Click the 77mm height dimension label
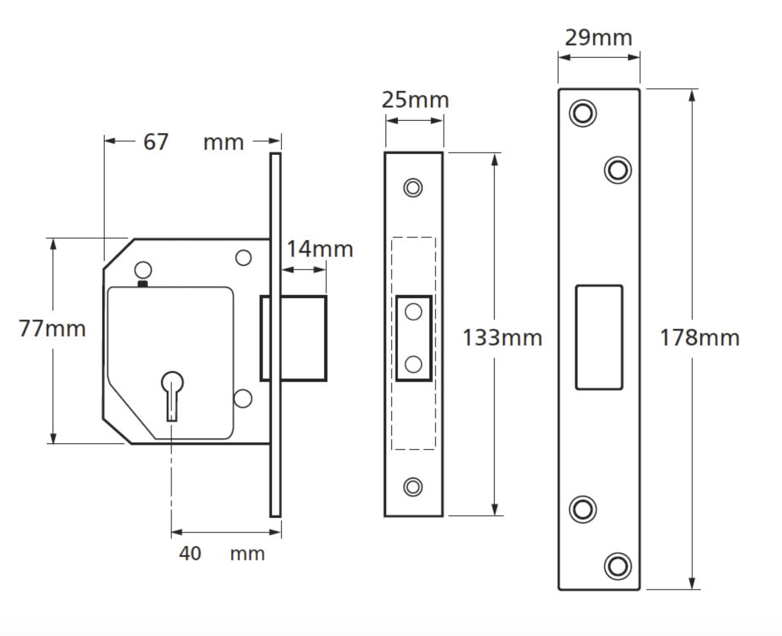[52, 329]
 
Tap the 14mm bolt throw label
[320, 249]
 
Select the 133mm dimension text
[502, 338]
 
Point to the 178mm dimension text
[699, 338]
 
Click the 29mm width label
[599, 38]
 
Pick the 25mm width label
[415, 100]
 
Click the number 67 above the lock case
[156, 142]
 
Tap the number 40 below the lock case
[190, 554]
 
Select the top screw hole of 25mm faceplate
[413, 188]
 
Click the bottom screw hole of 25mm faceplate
[413, 487]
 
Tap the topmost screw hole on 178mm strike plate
[582, 113]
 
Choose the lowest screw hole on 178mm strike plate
[618, 566]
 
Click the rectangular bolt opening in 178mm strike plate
[599, 338]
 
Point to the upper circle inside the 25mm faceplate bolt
[413, 312]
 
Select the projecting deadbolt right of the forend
[304, 338]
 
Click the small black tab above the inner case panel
[143, 284]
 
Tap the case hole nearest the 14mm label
[243, 258]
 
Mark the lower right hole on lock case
[243, 398]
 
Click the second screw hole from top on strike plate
[618, 170]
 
